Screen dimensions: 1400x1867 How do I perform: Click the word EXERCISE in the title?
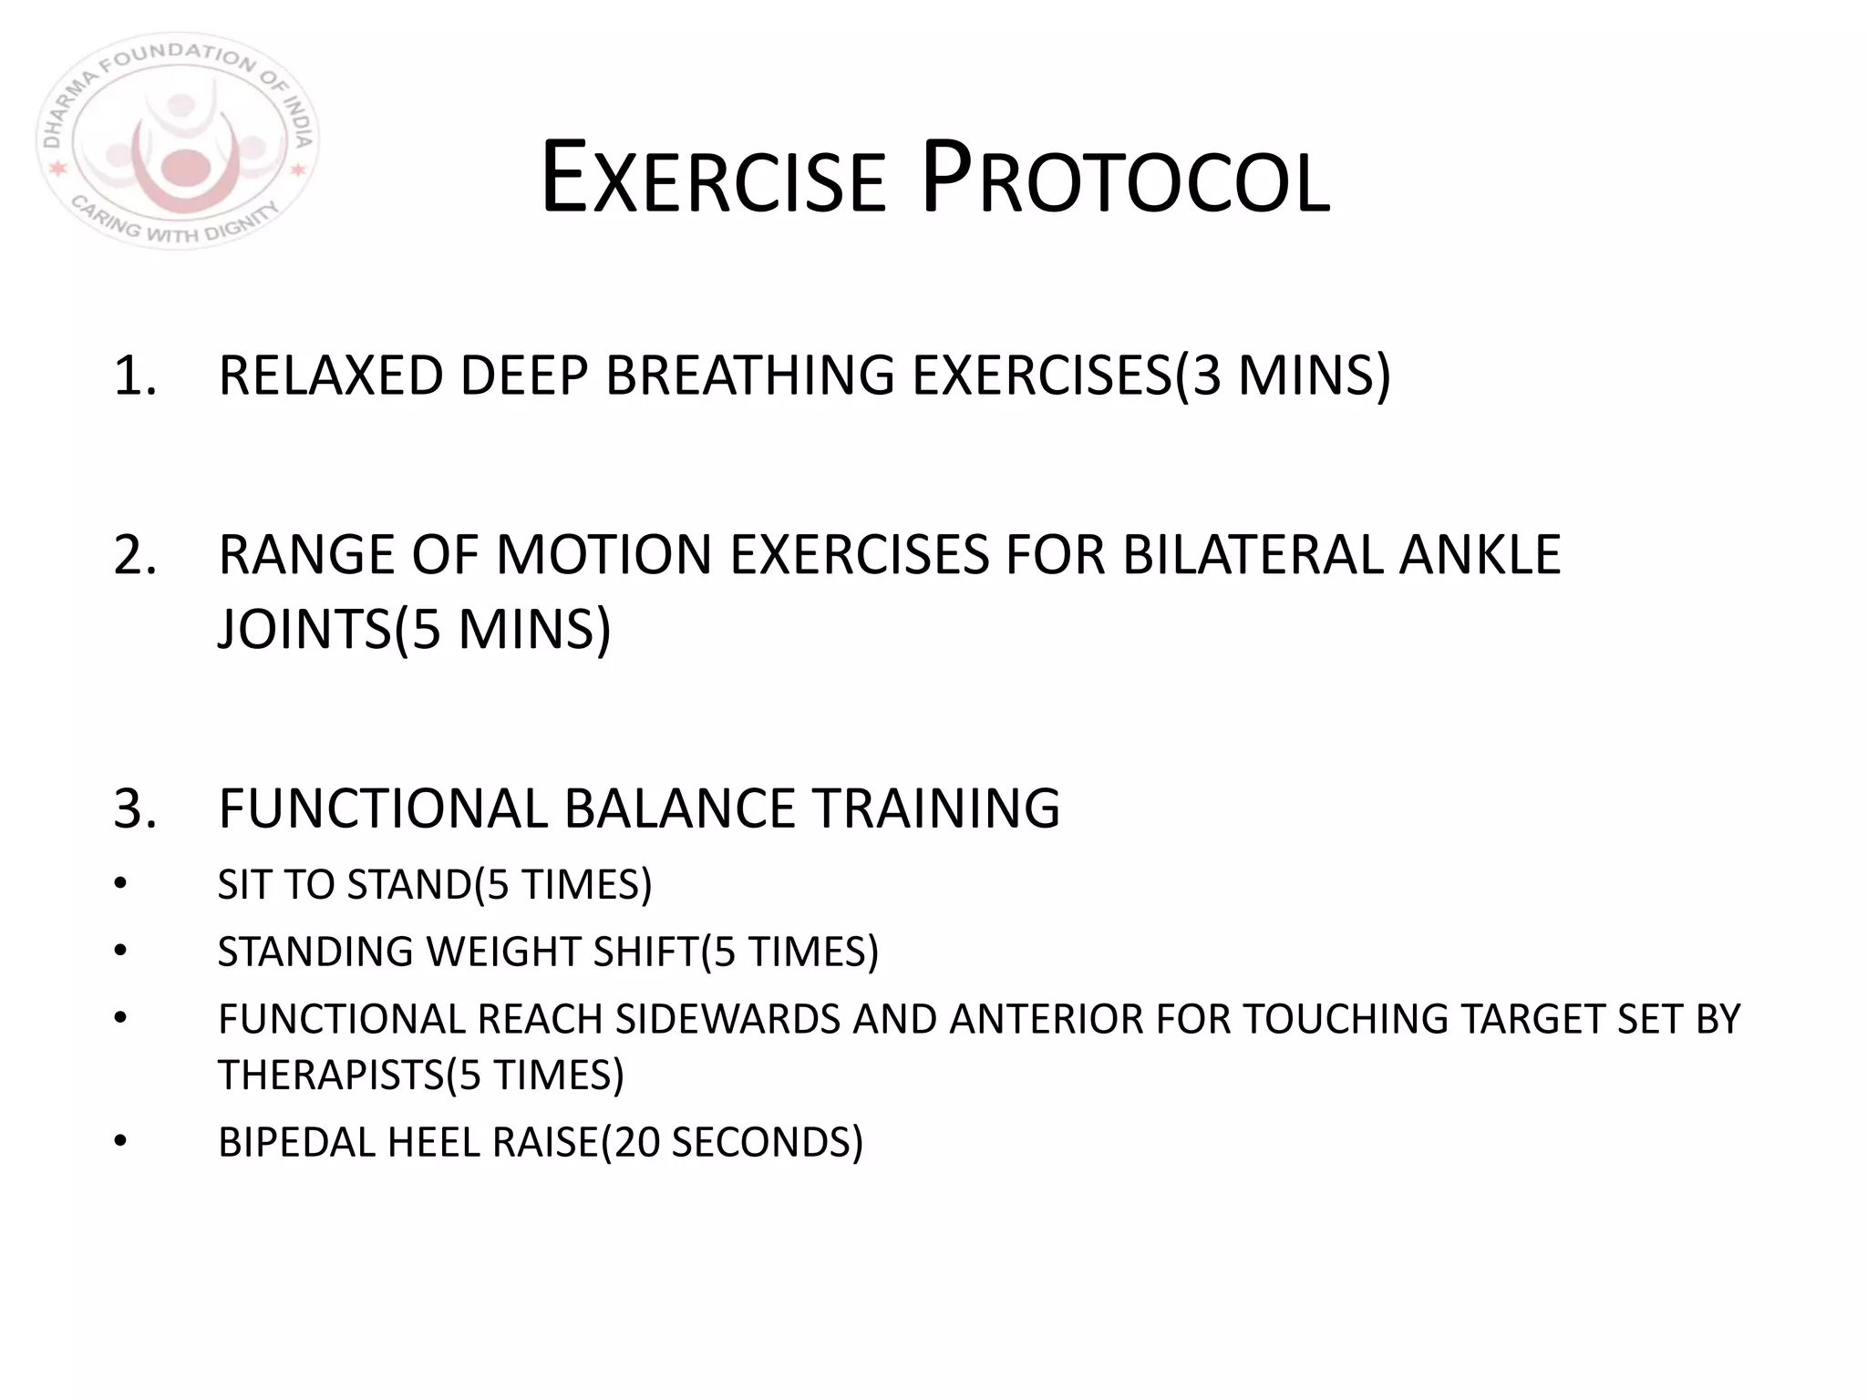pos(713,179)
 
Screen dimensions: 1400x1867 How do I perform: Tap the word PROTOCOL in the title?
pos(1126,179)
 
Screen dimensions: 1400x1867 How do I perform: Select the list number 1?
pos(134,376)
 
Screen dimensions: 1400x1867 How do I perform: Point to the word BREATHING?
pos(749,376)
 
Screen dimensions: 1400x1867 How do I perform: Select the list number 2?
pos(134,555)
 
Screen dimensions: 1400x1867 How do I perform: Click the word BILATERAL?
pos(1252,555)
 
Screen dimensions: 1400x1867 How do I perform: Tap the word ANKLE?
pos(1479,555)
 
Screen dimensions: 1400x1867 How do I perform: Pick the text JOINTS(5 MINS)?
pos(415,629)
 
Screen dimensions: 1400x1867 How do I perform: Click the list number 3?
pos(134,808)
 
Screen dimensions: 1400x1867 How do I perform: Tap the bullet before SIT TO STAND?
pos(120,884)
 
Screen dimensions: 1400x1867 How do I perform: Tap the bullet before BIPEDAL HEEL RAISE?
pos(120,1142)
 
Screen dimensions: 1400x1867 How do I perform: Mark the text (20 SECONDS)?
pos(732,1142)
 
